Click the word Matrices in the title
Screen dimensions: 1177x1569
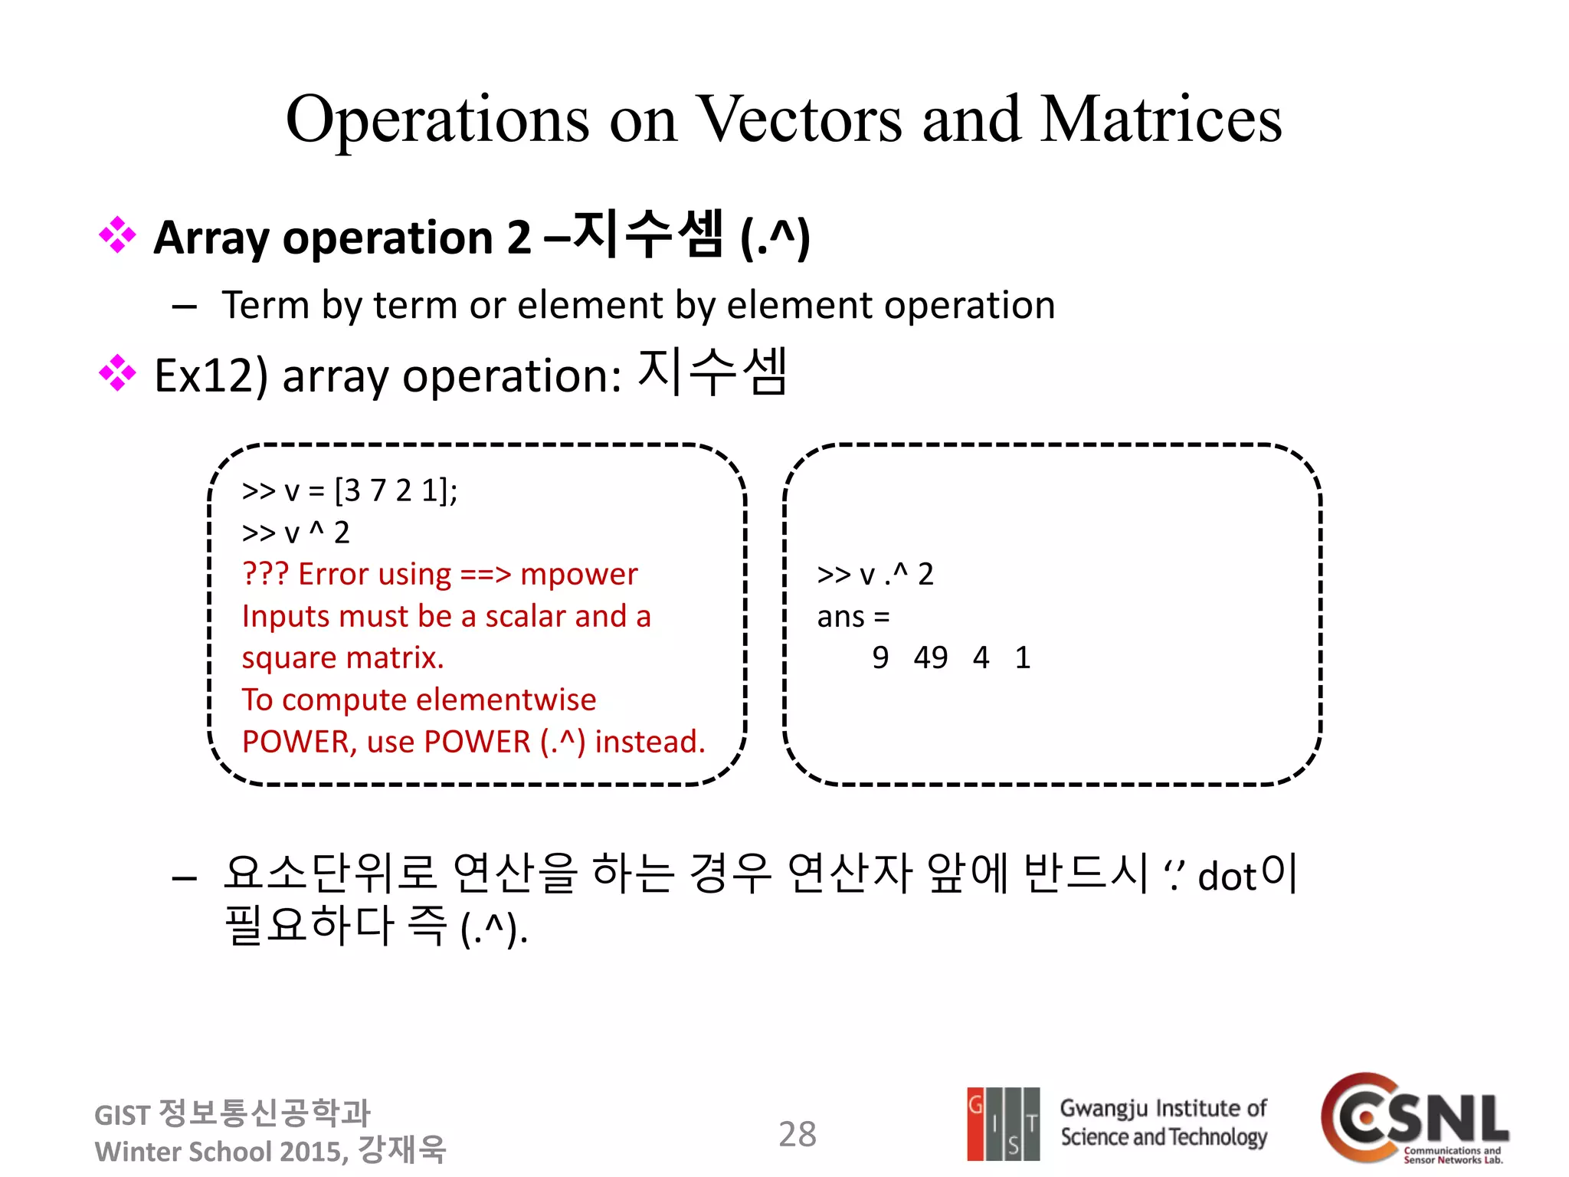[x=1161, y=120]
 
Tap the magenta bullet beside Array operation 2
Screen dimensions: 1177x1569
[x=117, y=235]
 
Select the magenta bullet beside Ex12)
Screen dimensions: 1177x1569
[x=117, y=373]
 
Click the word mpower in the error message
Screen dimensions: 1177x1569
[x=578, y=574]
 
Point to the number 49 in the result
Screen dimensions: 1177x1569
[x=930, y=657]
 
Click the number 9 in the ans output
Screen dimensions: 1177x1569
[x=880, y=657]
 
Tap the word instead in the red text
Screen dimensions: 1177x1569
[x=649, y=742]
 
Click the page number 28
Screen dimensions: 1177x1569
[x=798, y=1134]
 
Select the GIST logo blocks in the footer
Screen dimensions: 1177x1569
[x=1003, y=1123]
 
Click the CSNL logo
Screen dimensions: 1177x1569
[x=1414, y=1119]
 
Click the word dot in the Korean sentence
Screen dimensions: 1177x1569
[x=1227, y=877]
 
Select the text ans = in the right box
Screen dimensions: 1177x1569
[x=853, y=617]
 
